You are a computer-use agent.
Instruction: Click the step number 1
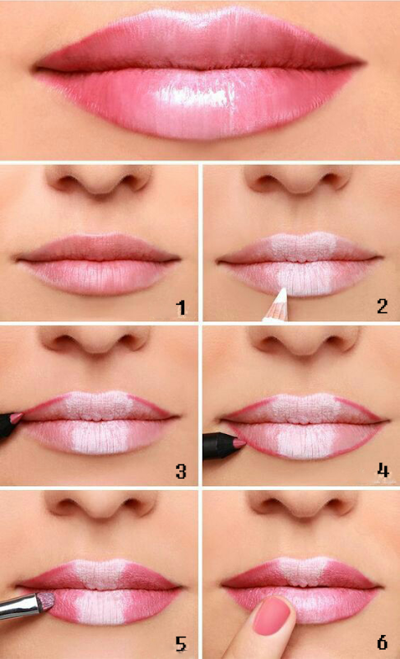tap(181, 308)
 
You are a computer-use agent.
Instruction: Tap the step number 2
tap(382, 306)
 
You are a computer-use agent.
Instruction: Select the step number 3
tap(181, 471)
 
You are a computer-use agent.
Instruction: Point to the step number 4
tap(383, 470)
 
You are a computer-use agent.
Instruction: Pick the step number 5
tap(181, 643)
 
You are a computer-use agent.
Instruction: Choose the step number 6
tap(382, 643)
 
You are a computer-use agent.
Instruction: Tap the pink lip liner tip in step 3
tap(16, 417)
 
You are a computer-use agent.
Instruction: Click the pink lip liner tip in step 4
tap(240, 443)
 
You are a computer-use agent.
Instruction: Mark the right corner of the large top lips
tap(362, 64)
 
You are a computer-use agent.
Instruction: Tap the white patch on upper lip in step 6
tap(303, 571)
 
